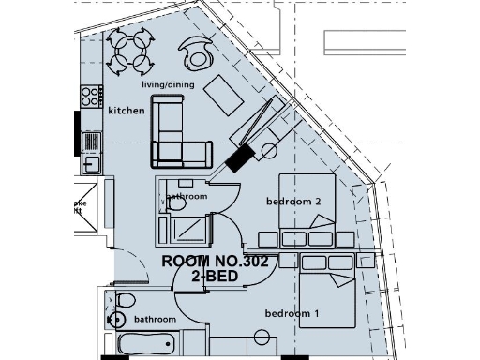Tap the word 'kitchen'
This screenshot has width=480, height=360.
pyautogui.click(x=127, y=111)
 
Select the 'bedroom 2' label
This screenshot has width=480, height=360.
pyautogui.click(x=293, y=202)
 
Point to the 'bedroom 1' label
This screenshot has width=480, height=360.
pyautogui.click(x=292, y=313)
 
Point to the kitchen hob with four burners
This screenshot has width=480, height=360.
pyautogui.click(x=92, y=97)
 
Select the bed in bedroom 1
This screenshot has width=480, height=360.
pyautogui.click(x=328, y=295)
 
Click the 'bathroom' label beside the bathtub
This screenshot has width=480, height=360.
pyautogui.click(x=155, y=320)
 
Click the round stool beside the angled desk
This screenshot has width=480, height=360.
pyautogui.click(x=271, y=150)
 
